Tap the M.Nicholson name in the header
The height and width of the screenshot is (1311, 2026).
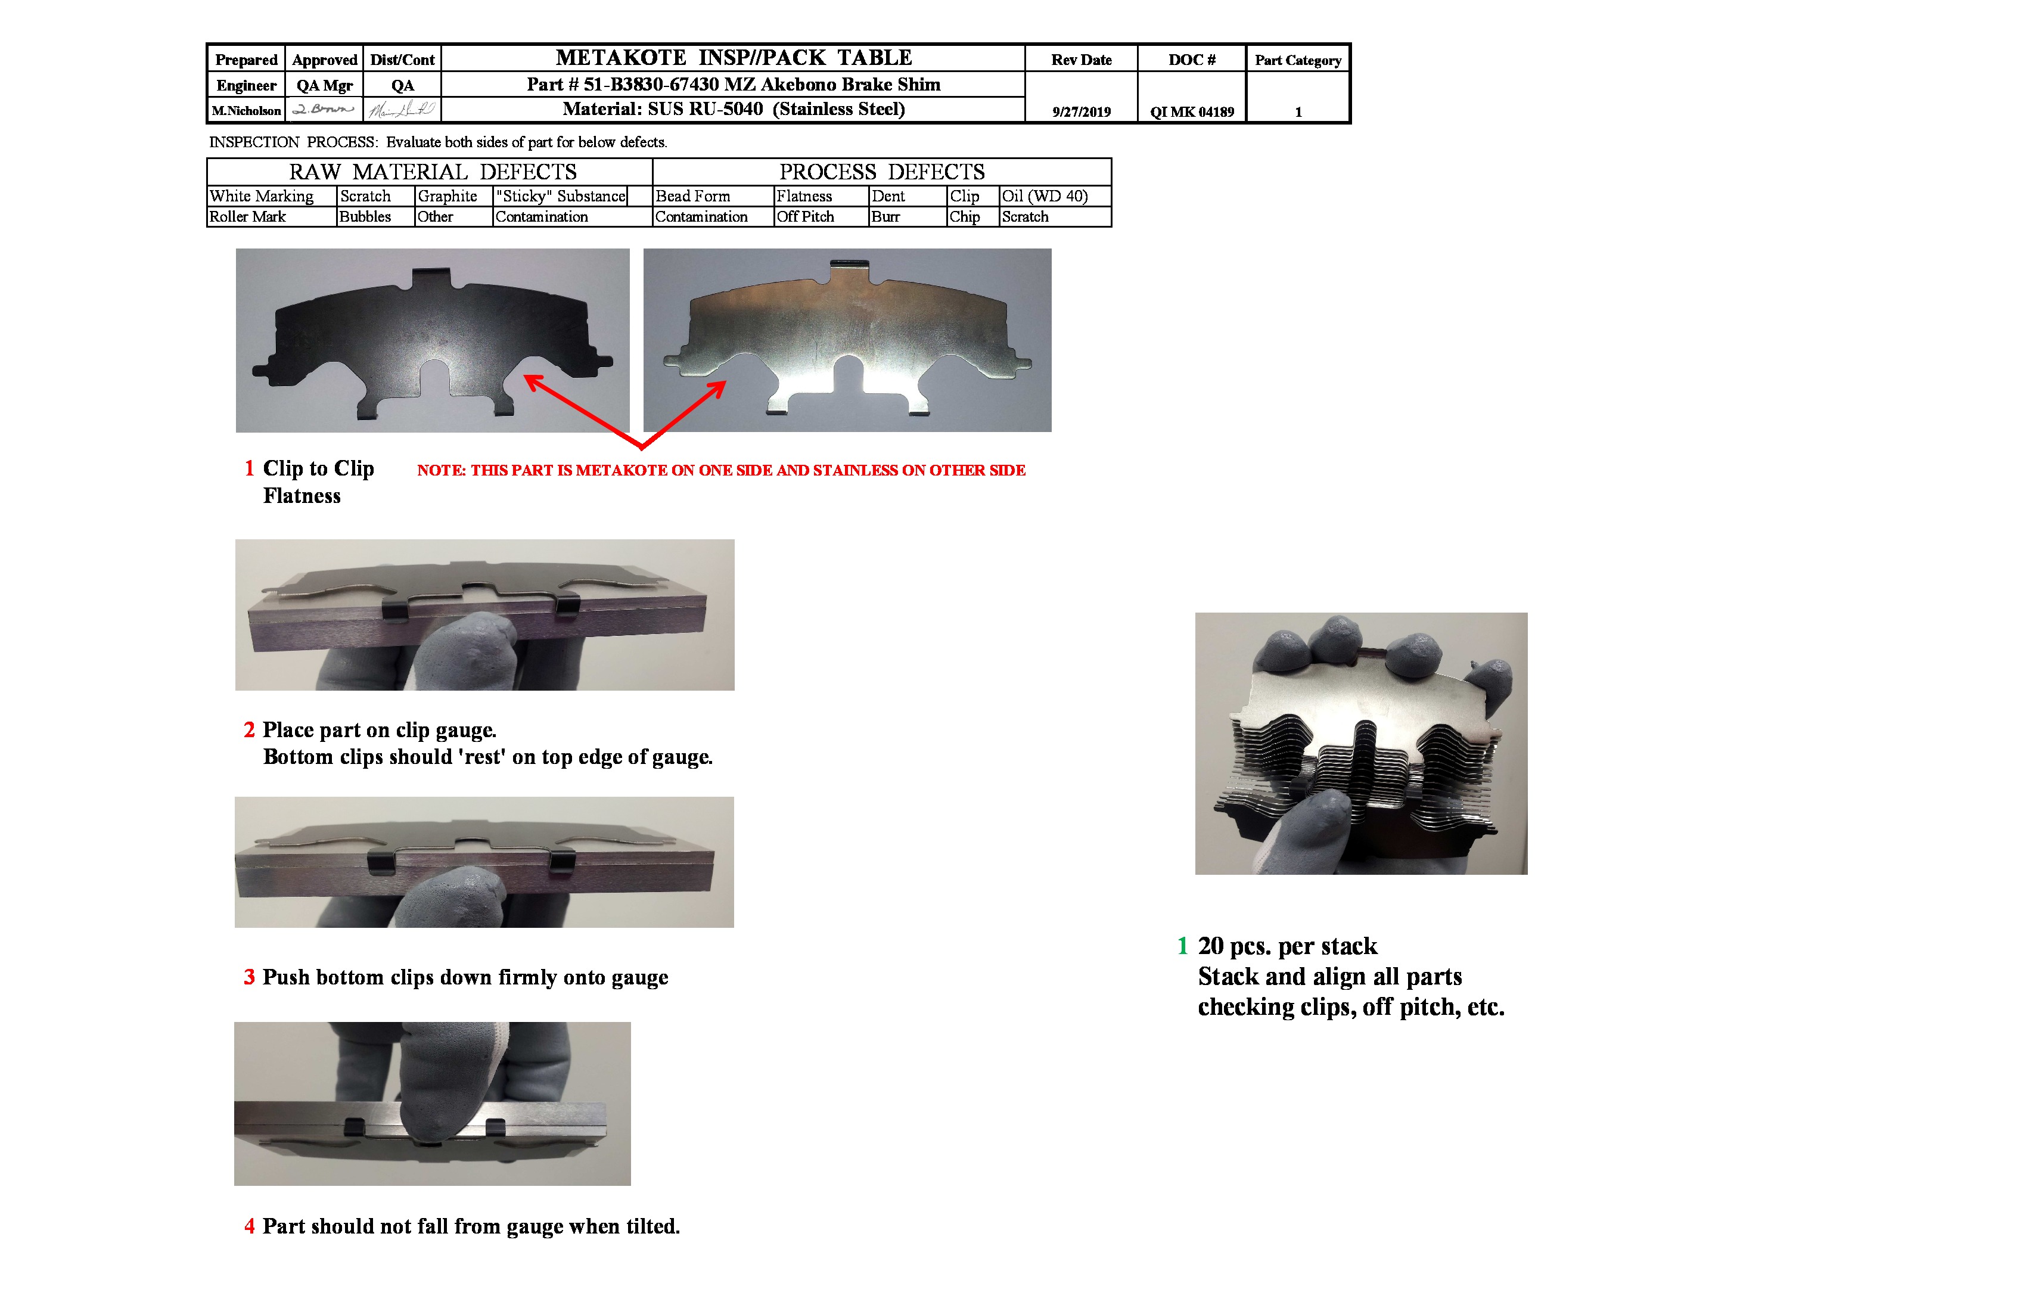(x=246, y=111)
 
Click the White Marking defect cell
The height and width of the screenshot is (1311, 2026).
(x=262, y=196)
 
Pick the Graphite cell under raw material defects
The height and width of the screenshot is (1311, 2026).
(x=447, y=196)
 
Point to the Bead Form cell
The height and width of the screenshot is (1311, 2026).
(x=693, y=196)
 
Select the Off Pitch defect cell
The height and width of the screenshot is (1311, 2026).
(x=805, y=216)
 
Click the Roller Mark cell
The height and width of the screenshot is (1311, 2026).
(x=248, y=216)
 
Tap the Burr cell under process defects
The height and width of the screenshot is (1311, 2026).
(x=885, y=216)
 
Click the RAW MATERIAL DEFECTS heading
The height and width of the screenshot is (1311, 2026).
(x=433, y=172)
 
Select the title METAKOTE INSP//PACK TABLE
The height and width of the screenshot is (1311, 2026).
(x=734, y=57)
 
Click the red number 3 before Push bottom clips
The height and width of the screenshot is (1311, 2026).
(x=250, y=977)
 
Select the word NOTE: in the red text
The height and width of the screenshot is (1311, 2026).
(x=440, y=470)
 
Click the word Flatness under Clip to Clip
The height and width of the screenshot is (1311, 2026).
(x=302, y=496)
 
